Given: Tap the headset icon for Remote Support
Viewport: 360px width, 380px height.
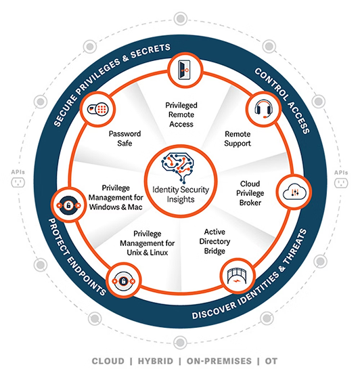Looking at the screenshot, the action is coord(264,109).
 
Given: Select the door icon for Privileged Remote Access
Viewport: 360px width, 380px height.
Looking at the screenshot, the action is coord(185,70).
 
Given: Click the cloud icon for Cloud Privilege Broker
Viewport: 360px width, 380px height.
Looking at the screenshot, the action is coord(294,192).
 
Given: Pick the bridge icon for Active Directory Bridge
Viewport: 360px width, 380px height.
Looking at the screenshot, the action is coord(238,276).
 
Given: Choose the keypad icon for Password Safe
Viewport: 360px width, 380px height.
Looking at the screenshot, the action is coord(98,109).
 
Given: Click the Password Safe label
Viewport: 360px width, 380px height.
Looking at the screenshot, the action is coord(125,138).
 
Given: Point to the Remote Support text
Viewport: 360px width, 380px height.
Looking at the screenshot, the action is coord(238,139).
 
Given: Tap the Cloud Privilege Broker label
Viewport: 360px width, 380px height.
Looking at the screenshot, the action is coord(250,193).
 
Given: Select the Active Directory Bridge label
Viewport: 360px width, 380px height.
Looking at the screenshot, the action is coord(215,241).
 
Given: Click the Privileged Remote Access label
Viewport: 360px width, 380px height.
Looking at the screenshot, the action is coord(181,114).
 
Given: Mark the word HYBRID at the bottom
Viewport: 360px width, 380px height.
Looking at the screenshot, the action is coord(156,361).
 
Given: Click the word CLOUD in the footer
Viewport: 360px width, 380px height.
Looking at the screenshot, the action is coord(108,361).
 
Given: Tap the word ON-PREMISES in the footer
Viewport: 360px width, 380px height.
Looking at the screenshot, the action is coord(219,361).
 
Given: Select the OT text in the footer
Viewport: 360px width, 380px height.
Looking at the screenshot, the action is coord(271,361).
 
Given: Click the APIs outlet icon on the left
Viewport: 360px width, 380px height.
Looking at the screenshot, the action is coord(18,182).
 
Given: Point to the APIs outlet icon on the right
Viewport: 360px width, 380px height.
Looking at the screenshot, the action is coord(341,183).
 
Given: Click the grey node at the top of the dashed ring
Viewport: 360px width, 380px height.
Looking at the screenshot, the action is coord(181,18).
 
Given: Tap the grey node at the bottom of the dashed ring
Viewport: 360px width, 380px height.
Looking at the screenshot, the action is coord(180,343).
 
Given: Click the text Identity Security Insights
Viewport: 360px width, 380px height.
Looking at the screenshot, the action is coord(181,194).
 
